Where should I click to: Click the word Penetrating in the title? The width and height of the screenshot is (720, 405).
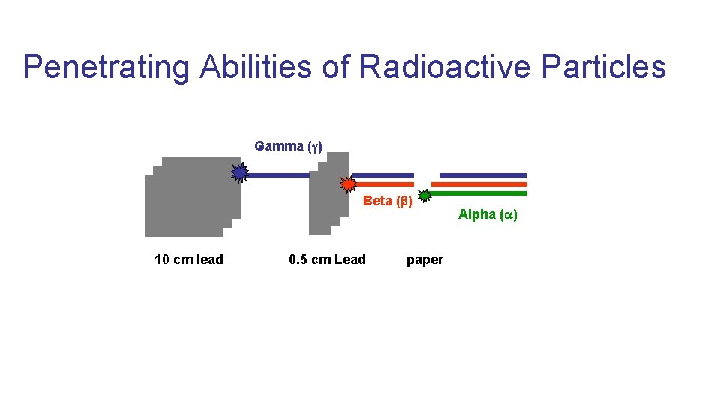click(x=108, y=67)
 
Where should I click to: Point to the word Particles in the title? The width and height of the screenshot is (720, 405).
click(x=603, y=67)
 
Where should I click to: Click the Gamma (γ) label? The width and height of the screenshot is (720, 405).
click(x=288, y=146)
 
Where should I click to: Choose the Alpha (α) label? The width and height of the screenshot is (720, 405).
click(x=487, y=214)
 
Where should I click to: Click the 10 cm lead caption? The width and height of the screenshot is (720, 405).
click(x=188, y=259)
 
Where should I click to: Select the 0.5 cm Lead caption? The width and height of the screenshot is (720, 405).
click(x=327, y=259)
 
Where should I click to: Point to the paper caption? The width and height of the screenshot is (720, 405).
click(x=424, y=259)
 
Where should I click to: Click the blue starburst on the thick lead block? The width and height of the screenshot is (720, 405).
click(x=239, y=173)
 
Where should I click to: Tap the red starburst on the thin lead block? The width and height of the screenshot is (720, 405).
click(x=348, y=184)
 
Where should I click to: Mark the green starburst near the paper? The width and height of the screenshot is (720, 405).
click(x=424, y=196)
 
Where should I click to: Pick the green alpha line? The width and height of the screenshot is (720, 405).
click(x=479, y=193)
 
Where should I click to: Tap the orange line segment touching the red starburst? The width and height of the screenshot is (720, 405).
click(x=384, y=184)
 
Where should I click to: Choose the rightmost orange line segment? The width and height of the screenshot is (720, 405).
click(x=479, y=184)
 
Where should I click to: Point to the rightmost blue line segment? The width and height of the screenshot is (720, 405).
click(x=483, y=175)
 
